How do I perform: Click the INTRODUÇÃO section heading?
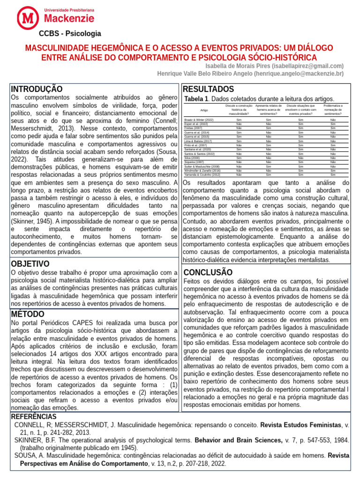[37, 89]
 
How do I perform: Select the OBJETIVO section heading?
[30, 264]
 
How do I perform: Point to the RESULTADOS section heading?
[208, 89]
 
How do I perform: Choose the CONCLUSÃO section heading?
[208, 272]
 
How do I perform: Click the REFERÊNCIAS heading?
[33, 417]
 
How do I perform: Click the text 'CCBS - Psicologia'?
[69, 34]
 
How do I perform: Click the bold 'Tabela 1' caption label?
[196, 99]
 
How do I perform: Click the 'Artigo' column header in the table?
[204, 110]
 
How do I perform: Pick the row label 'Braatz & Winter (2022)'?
[199, 120]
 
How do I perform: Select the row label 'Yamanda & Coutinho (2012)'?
[202, 175]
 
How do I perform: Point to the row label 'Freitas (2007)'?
[193, 128]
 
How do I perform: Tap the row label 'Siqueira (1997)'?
[194, 162]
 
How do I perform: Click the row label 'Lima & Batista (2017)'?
[198, 141]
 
